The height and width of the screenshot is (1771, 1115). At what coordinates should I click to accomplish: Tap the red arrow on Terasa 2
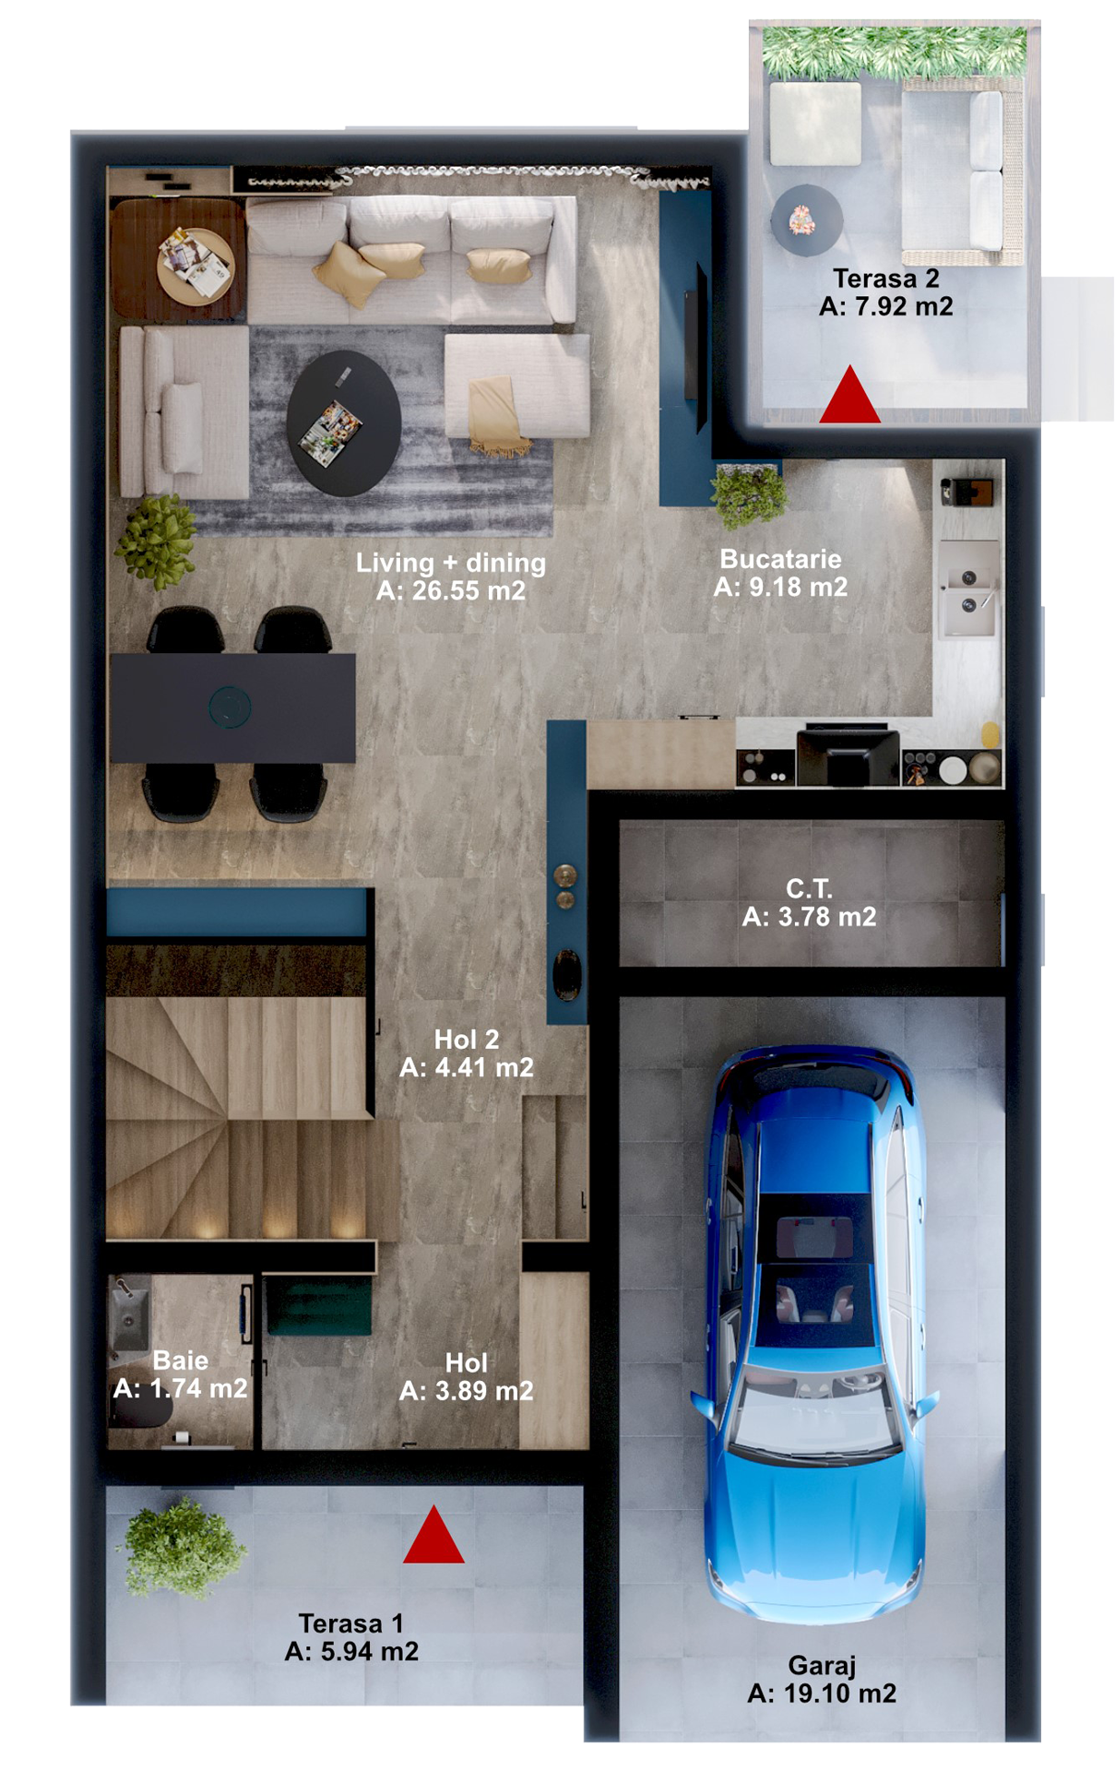[850, 395]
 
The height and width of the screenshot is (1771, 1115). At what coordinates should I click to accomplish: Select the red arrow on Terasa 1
[433, 1535]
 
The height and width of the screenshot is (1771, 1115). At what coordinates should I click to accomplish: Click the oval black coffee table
[344, 423]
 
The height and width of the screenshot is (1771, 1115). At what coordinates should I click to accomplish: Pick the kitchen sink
[968, 590]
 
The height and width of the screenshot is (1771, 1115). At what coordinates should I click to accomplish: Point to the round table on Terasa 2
[807, 220]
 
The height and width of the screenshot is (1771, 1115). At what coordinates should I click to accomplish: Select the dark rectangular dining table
[232, 707]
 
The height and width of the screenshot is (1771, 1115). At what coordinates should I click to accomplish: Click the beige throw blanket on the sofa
[497, 415]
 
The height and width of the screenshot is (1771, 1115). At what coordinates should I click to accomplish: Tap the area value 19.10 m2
[839, 1694]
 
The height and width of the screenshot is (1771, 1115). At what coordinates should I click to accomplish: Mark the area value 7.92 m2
[904, 306]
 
